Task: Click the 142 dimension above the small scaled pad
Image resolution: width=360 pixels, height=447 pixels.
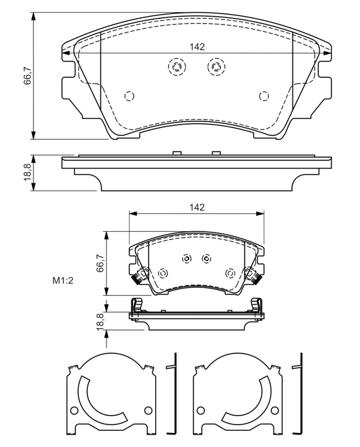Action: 196,207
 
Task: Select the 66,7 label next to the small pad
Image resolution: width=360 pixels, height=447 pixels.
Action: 100,263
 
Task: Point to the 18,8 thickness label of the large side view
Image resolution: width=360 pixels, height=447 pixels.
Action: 27,174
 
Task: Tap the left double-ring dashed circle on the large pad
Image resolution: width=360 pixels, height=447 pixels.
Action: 176,67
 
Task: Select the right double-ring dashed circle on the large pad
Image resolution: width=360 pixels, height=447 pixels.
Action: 216,67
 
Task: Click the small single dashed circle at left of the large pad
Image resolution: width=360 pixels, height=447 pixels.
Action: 129,96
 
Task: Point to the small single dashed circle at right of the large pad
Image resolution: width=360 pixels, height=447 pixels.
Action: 263,96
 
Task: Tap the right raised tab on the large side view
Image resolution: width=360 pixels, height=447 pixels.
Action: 216,153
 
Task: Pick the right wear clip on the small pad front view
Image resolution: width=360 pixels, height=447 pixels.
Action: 253,275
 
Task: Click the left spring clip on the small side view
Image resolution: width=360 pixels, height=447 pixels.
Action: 136,307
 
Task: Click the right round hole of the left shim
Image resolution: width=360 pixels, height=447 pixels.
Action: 148,411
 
